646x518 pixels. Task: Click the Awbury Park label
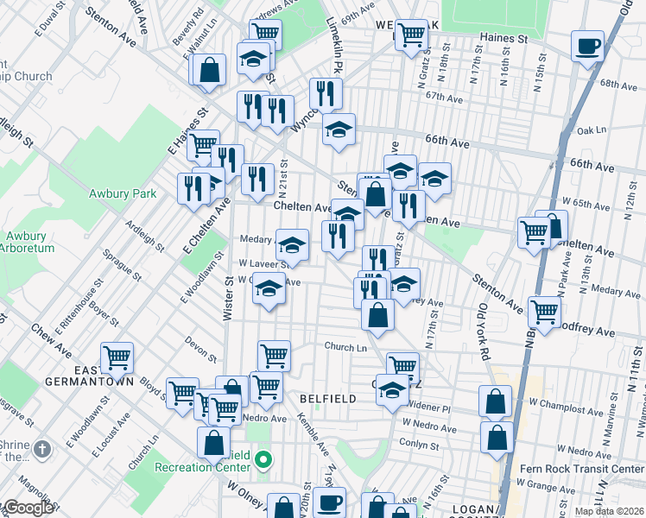pos(123,193)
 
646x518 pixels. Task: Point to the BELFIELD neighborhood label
pos(327,399)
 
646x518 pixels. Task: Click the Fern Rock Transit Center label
pos(583,470)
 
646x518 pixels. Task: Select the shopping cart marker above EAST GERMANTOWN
pos(116,357)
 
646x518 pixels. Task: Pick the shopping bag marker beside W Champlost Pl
pos(496,401)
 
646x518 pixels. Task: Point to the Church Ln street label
pos(345,347)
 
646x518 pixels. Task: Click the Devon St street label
pos(200,344)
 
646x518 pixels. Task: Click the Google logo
pos(28,508)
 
